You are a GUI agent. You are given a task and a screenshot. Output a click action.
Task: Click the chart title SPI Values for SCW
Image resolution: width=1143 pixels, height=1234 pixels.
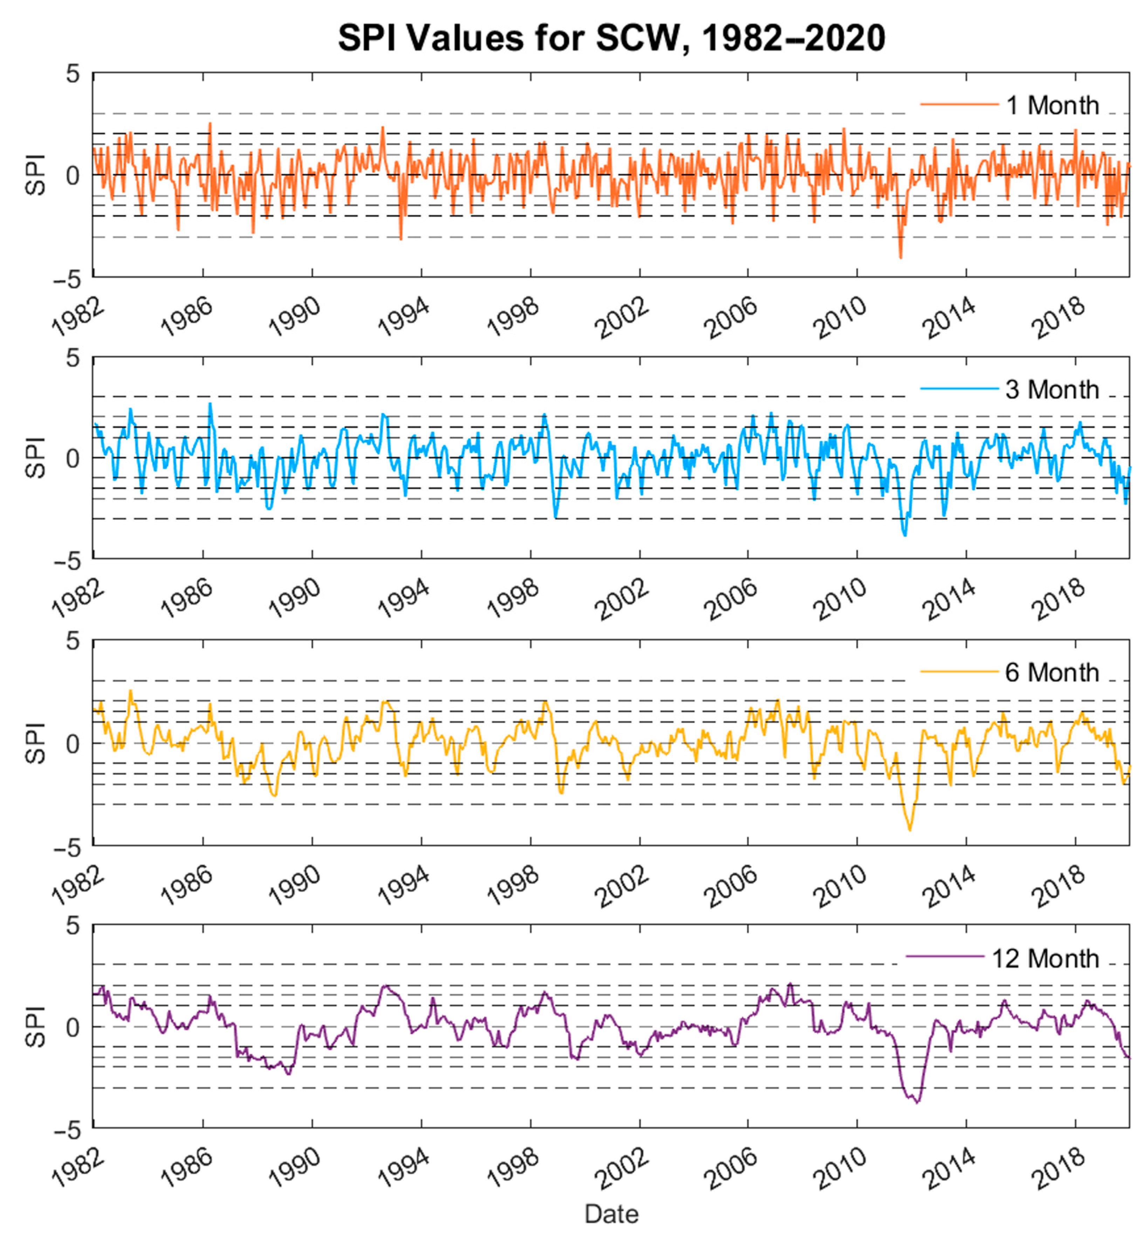coord(611,38)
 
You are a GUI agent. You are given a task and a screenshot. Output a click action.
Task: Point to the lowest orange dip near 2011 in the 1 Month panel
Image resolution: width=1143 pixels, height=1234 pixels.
coord(901,257)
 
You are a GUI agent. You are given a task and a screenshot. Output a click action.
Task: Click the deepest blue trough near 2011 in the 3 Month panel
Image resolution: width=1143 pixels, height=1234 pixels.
coord(905,535)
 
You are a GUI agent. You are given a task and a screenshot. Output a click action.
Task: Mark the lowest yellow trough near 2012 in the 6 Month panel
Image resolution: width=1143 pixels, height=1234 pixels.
coord(909,830)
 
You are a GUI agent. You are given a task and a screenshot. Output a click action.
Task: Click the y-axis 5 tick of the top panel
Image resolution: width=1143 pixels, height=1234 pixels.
coord(73,74)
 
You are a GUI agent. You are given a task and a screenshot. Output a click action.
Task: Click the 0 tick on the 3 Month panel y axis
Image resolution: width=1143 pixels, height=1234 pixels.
coord(73,459)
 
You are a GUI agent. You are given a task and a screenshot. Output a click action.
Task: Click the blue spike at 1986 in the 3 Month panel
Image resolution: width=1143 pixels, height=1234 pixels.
coord(210,404)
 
